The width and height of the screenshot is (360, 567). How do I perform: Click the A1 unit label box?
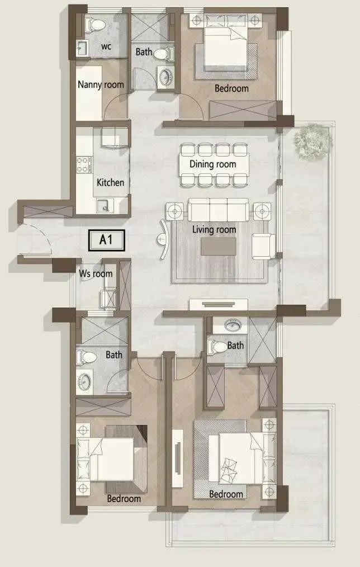pyautogui.click(x=107, y=240)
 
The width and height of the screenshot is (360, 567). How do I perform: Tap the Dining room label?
pyautogui.click(x=212, y=164)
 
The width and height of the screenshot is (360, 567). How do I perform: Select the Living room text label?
pyautogui.click(x=214, y=230)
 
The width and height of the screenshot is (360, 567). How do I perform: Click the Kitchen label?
pyautogui.click(x=110, y=183)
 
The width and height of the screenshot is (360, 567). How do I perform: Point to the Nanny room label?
pyautogui.click(x=101, y=85)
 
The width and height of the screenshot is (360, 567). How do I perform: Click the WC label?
pyautogui.click(x=106, y=46)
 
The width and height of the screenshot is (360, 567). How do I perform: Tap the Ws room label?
pyautogui.click(x=96, y=274)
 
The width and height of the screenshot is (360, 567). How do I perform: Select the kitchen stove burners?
pyautogui.click(x=83, y=164)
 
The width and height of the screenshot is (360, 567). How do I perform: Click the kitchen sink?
pyautogui.click(x=105, y=206)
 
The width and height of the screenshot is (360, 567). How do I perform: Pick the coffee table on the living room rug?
pyautogui.click(x=219, y=247)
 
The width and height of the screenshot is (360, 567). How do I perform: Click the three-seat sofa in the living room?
pyautogui.click(x=219, y=209)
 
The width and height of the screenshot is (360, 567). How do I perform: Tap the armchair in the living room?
pyautogui.click(x=264, y=246)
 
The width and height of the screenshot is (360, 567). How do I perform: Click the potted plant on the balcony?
pyautogui.click(x=312, y=141)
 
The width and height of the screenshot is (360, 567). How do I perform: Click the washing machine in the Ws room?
pyautogui.click(x=108, y=298)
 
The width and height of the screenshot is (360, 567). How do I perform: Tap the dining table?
pyautogui.click(x=214, y=165)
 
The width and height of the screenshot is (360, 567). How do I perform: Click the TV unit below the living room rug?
pyautogui.click(x=219, y=305)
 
